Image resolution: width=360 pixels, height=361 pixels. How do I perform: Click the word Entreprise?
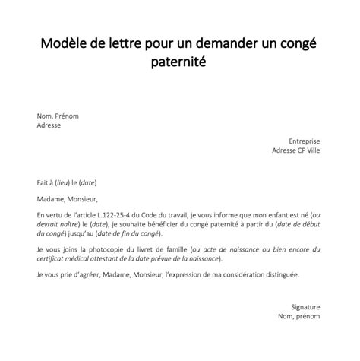point(305,141)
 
